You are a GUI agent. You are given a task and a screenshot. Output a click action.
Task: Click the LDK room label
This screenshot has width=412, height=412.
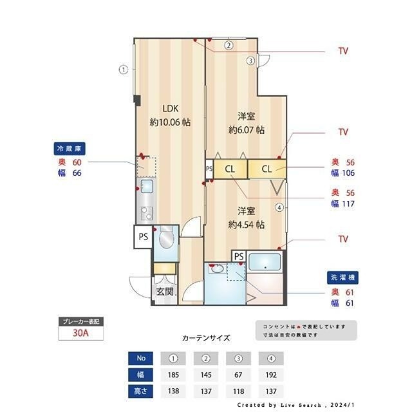tap(169, 108)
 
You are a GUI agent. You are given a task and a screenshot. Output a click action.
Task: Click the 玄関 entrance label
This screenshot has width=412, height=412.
tap(165, 292)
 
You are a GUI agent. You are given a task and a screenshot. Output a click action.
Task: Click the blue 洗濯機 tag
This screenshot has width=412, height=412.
tap(342, 277)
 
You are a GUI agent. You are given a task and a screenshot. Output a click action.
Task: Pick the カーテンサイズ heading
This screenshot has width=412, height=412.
tap(205, 337)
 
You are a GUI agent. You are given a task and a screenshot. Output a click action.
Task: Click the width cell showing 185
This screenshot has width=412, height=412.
tap(173, 374)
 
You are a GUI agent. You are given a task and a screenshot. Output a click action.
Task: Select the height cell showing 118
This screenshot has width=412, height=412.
tap(238, 391)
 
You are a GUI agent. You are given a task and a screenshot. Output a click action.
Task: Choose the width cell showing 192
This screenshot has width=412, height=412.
tap(270, 374)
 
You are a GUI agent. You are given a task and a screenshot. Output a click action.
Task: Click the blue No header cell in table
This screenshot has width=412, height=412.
tap(141, 358)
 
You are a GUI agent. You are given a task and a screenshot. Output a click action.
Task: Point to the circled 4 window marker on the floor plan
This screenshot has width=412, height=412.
tap(279, 207)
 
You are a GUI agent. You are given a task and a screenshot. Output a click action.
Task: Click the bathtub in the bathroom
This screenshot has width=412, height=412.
tap(265, 263)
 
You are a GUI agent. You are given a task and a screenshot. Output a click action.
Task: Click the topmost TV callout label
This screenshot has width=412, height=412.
tap(343, 51)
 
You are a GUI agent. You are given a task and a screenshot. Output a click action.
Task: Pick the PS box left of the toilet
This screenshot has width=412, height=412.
tap(143, 237)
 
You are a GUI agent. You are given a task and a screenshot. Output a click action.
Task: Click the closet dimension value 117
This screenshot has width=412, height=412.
tap(350, 204)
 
